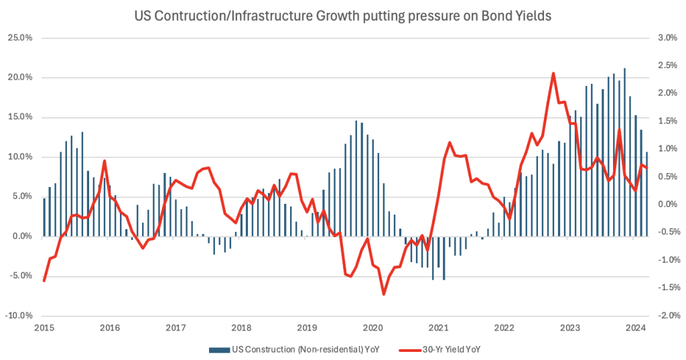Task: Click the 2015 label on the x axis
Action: tap(44, 328)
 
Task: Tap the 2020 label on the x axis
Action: tap(372, 328)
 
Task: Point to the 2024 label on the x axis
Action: tap(636, 328)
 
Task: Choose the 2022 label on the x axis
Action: tap(504, 328)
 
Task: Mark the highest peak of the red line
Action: tap(553, 74)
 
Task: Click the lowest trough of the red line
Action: tap(384, 294)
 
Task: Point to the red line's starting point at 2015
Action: tap(44, 281)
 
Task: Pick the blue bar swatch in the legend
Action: tap(219, 349)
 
